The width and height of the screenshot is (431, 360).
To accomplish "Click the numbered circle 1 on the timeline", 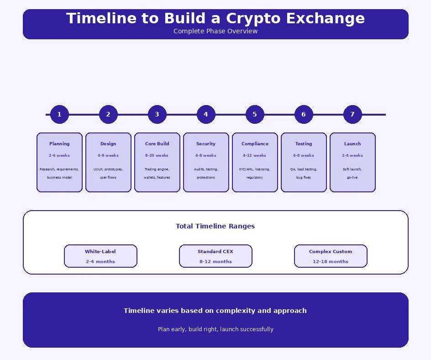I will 59,114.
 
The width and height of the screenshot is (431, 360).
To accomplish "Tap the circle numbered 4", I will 206,114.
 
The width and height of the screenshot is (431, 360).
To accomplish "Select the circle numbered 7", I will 352,114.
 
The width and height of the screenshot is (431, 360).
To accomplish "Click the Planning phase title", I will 59,144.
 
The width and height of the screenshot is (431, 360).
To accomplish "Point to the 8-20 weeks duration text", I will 157,155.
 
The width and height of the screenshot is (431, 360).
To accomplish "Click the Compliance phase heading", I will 255,144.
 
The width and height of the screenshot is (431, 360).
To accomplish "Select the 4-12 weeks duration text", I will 255,155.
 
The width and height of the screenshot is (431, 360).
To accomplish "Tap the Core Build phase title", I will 157,144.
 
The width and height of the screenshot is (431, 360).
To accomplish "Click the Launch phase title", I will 352,144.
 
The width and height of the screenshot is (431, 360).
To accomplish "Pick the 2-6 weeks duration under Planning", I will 59,155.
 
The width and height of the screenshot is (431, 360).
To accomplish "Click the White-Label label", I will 100,252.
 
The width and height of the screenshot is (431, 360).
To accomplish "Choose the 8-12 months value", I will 215,262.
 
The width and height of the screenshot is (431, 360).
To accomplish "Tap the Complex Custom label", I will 331,252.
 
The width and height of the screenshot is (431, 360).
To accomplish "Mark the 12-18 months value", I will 331,262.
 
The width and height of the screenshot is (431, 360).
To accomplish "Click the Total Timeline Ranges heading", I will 215,226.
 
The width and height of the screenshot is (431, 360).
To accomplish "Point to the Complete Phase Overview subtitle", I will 215,31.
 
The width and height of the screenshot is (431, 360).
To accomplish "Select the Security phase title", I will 206,144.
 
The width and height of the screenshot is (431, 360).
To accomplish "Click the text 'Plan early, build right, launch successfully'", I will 215,329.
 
